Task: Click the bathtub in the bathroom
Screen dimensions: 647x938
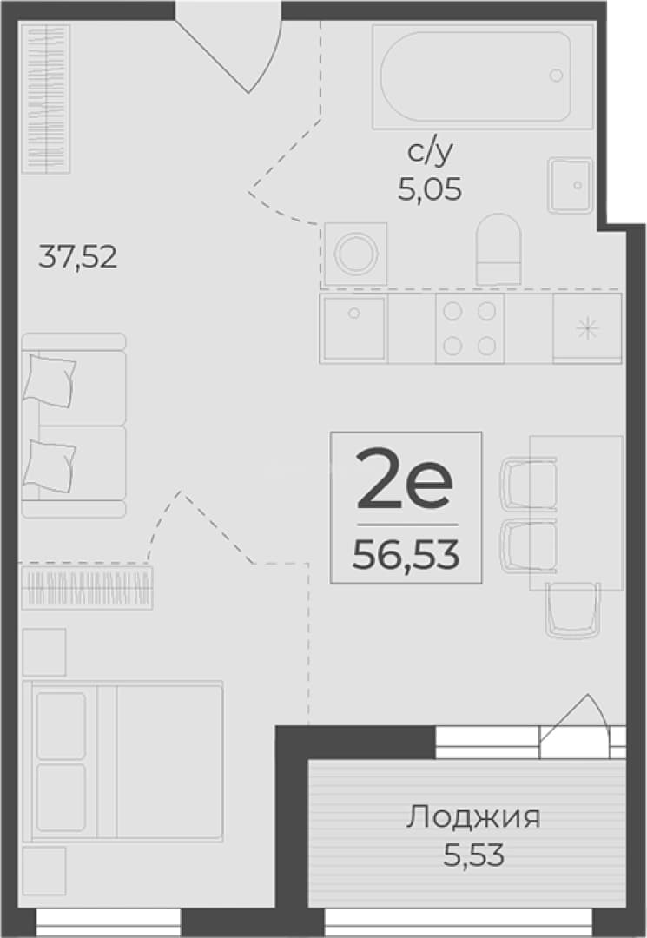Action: [x=482, y=76]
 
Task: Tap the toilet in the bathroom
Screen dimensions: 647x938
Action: [x=498, y=249]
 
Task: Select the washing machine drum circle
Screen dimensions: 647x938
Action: [x=355, y=254]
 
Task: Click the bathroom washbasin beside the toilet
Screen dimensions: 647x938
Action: [x=571, y=186]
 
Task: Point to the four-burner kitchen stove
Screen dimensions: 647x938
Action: [x=470, y=327]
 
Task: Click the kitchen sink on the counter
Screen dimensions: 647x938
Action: [x=354, y=327]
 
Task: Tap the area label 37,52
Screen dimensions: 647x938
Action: [x=78, y=256]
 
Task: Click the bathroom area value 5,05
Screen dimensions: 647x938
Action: [x=430, y=189]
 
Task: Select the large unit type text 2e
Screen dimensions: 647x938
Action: [x=404, y=479]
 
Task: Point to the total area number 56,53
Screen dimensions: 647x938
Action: [x=406, y=554]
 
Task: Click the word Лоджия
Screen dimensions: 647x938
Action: [x=473, y=817]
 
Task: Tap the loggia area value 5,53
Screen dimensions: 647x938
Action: [x=473, y=855]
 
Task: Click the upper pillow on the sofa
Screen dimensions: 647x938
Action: [x=49, y=381]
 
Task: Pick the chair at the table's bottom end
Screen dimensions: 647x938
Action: [x=572, y=611]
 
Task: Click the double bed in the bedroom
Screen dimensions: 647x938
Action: [x=122, y=761]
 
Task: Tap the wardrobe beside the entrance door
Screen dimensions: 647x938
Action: [x=45, y=99]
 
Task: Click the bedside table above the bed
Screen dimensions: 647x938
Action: [x=43, y=652]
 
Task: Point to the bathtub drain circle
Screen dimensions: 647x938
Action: [x=556, y=76]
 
